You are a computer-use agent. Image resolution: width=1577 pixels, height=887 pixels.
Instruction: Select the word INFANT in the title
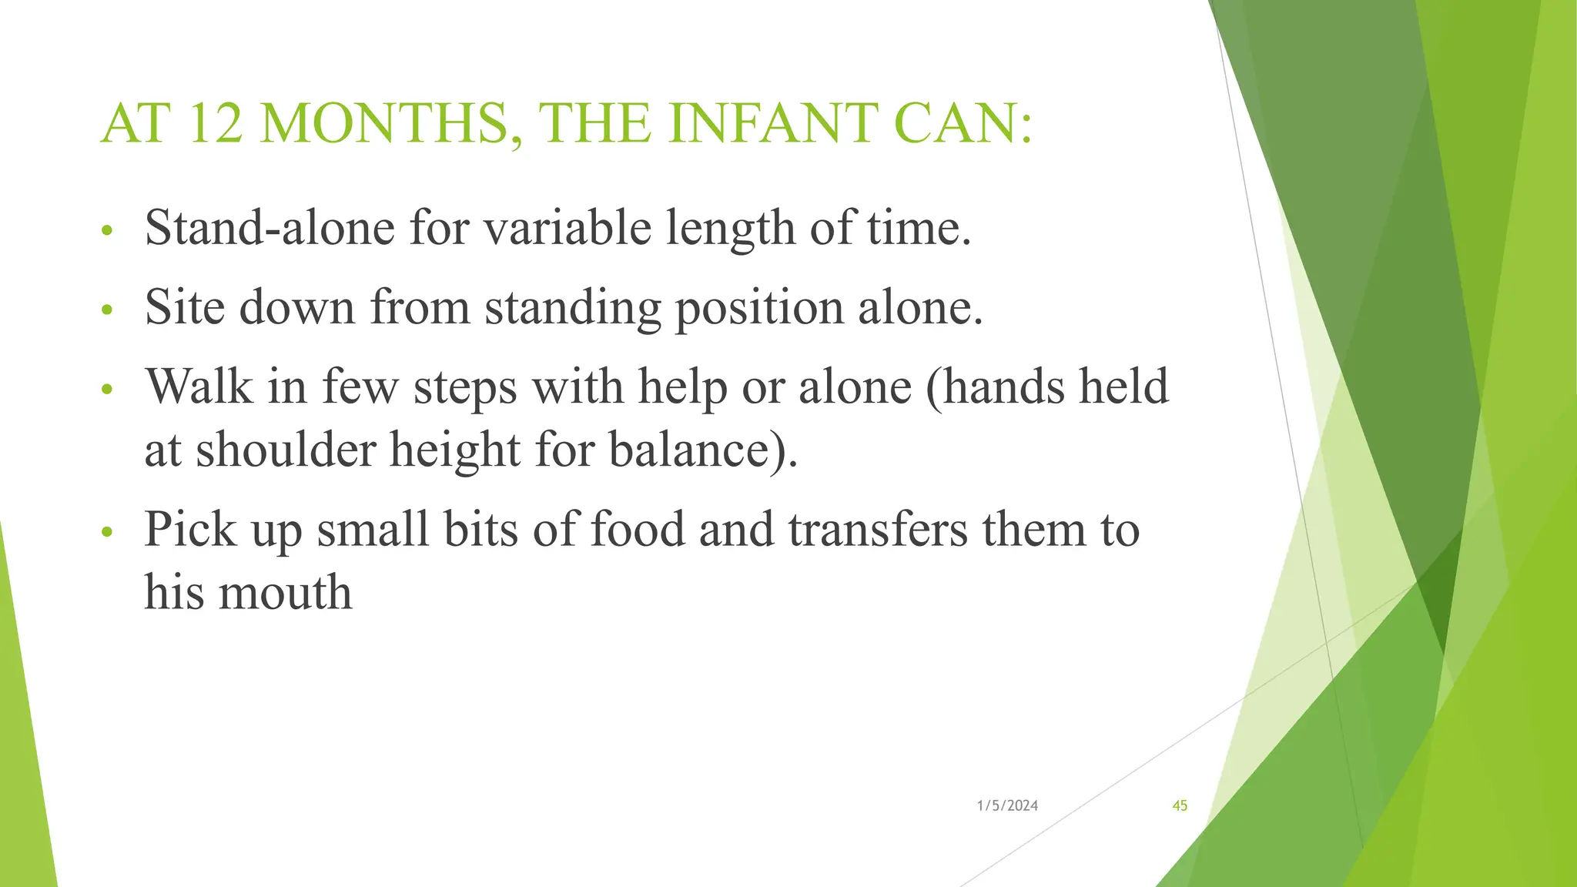tap(772, 125)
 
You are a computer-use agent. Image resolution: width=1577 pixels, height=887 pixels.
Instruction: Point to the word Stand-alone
tap(270, 229)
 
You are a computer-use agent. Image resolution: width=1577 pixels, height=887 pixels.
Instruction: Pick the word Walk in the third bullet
tap(199, 387)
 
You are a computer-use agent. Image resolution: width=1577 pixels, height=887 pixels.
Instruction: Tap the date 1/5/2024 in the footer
tap(1007, 806)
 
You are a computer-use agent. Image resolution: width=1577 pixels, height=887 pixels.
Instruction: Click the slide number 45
tap(1180, 806)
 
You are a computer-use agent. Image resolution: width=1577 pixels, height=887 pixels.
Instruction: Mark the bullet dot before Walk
tap(107, 390)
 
